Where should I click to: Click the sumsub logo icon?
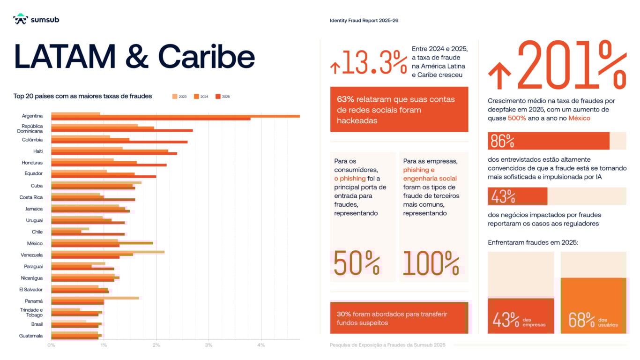20,19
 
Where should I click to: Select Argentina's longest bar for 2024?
175,116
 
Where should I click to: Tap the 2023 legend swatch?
175,97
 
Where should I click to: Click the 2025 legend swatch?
218,97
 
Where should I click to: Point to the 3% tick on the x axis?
208,345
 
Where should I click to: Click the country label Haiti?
38,151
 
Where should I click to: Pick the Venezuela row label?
32,255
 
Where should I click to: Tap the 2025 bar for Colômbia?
119,142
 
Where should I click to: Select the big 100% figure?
431,263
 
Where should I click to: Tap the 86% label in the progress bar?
501,141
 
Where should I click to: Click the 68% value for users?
581,320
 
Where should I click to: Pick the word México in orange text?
579,118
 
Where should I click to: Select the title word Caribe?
206,57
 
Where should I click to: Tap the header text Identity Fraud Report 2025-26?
364,21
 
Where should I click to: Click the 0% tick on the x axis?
51,345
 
